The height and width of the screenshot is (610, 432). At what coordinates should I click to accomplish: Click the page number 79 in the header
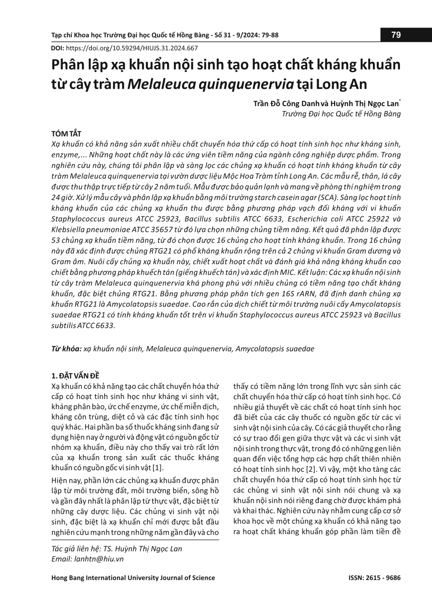pyautogui.click(x=396, y=35)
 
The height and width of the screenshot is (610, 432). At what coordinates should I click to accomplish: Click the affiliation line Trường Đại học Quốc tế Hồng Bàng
pyautogui.click(x=341, y=114)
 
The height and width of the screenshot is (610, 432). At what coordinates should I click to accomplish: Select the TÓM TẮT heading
pyautogui.click(x=66, y=134)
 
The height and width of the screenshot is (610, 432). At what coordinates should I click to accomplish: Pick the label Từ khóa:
pyautogui.click(x=66, y=349)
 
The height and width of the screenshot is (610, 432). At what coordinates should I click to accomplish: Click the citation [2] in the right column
pyautogui.click(x=310, y=469)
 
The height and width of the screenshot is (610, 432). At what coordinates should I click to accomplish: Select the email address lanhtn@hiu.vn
pyautogui.click(x=99, y=559)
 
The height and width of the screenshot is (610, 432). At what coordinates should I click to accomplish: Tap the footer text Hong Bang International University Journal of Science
pyautogui.click(x=133, y=578)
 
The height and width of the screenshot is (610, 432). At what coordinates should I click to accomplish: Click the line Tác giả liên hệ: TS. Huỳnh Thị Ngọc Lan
pyautogui.click(x=117, y=549)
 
